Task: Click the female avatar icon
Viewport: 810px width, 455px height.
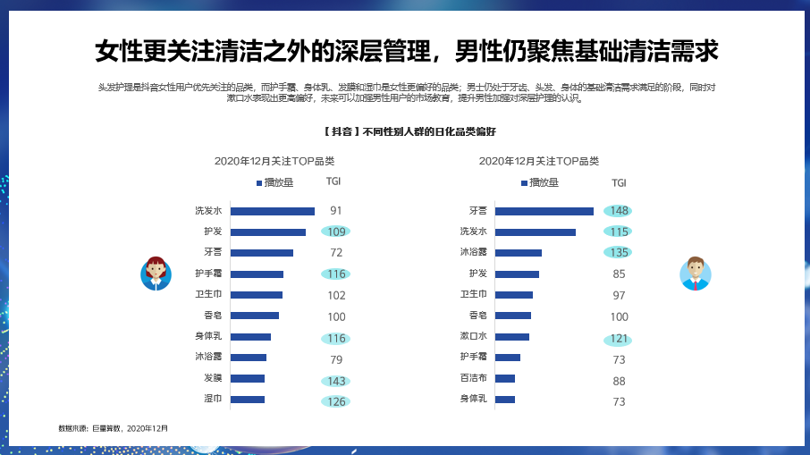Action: (156, 273)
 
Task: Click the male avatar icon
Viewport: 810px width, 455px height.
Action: (695, 273)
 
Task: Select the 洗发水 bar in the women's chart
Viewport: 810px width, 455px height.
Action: (272, 211)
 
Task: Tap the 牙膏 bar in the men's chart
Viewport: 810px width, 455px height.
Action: (544, 211)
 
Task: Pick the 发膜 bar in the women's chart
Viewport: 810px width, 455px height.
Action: (247, 378)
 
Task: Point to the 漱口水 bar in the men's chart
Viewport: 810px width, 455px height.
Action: (511, 337)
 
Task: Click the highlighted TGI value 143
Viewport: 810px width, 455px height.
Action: (336, 381)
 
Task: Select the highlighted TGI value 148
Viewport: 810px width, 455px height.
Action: (619, 211)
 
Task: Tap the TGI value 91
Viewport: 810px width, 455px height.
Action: (336, 211)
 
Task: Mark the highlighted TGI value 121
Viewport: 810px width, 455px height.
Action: (619, 339)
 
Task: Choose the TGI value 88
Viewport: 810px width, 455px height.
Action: (619, 381)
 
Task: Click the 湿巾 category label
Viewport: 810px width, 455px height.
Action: (213, 400)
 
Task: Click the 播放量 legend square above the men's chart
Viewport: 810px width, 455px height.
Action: (524, 183)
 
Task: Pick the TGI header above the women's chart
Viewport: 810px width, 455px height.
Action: (333, 182)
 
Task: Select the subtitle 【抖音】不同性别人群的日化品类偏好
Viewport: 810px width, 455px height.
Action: (405, 131)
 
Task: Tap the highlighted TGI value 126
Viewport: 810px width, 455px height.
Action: (336, 401)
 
